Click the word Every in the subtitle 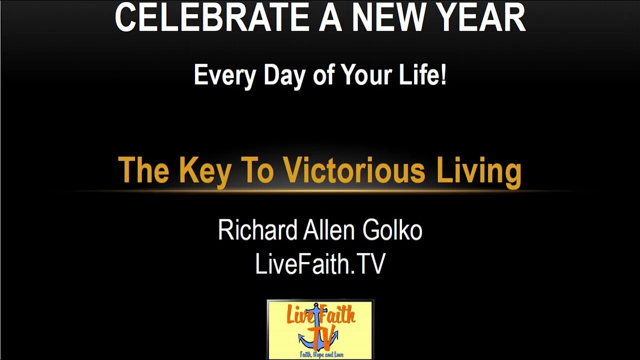224,75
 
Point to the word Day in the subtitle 284,75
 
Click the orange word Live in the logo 299,315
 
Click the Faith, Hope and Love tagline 321,354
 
